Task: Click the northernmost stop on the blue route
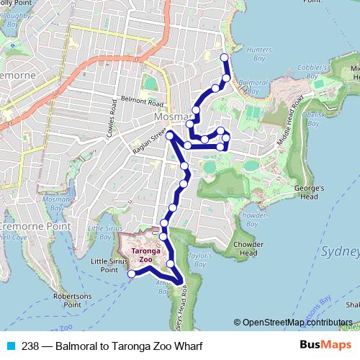[x=224, y=57]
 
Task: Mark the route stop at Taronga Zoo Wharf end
[x=132, y=274]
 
